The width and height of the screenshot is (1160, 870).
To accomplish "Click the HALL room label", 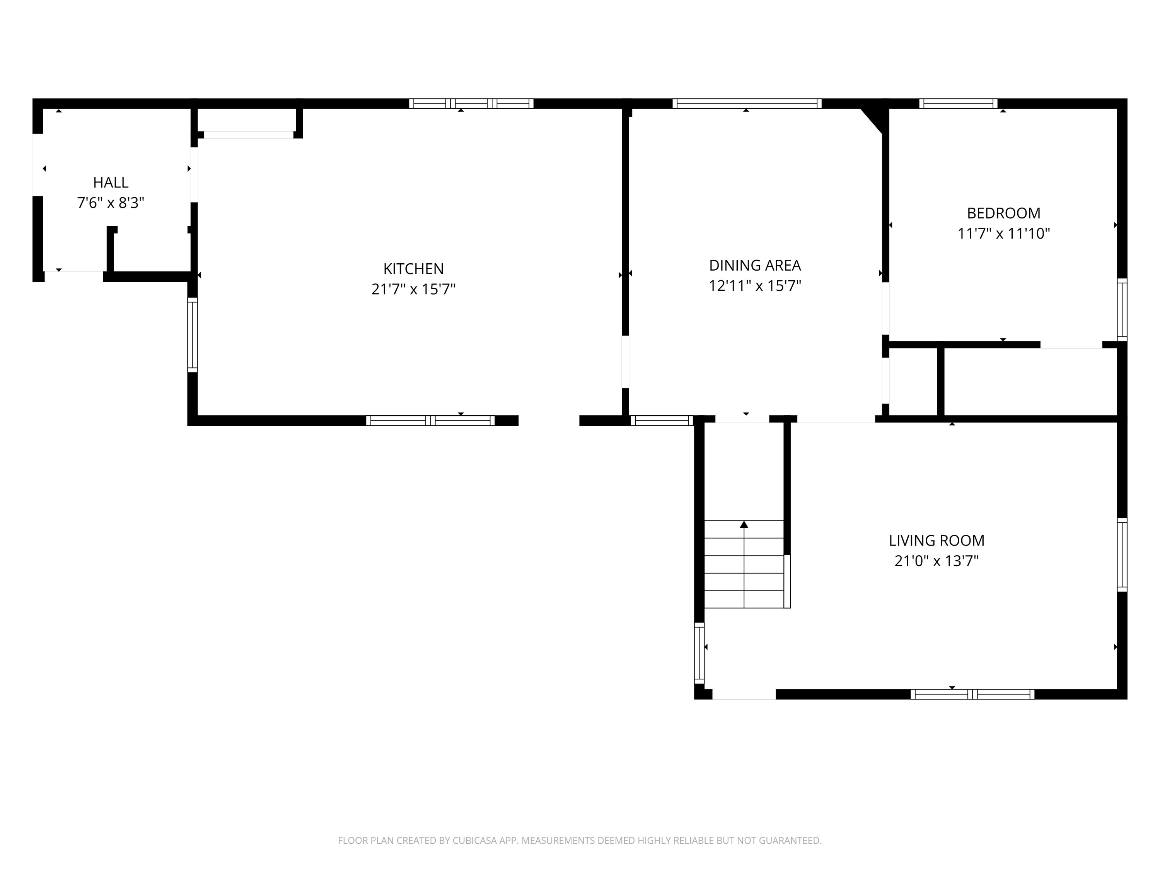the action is pyautogui.click(x=111, y=183).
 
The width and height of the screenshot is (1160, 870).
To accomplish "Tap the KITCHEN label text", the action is pyautogui.click(x=413, y=269).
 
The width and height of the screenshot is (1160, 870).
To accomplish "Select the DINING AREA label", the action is pyautogui.click(x=755, y=265).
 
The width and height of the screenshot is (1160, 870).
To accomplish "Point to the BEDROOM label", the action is pyautogui.click(x=1003, y=213).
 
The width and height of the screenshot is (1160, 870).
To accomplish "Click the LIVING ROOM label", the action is pyautogui.click(x=936, y=541).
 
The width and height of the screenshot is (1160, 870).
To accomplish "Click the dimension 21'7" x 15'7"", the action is pyautogui.click(x=413, y=290).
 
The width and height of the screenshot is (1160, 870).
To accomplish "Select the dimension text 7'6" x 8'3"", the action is pyautogui.click(x=111, y=203).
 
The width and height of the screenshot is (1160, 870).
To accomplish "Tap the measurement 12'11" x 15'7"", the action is pyautogui.click(x=755, y=286).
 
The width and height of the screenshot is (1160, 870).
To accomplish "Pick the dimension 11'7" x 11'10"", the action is pyautogui.click(x=1003, y=234).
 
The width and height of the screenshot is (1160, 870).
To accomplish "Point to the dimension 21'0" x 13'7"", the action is pyautogui.click(x=936, y=561).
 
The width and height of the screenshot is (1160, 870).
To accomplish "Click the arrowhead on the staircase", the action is pyautogui.click(x=744, y=524).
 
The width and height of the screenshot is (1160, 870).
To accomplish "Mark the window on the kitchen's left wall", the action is pyautogui.click(x=193, y=335).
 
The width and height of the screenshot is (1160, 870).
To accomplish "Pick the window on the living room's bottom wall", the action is pyautogui.click(x=972, y=694).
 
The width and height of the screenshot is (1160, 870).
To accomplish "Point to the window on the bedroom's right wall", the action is pyautogui.click(x=1122, y=309).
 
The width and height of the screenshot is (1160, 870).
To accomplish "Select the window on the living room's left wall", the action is pyautogui.click(x=699, y=653).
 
